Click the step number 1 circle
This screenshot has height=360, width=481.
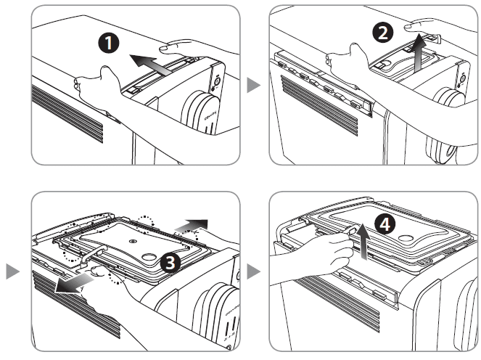[x=109, y=43]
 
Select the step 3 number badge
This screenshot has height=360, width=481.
[x=169, y=263]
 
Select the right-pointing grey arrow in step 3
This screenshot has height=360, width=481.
[x=192, y=223]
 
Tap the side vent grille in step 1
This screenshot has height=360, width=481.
[x=69, y=110]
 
